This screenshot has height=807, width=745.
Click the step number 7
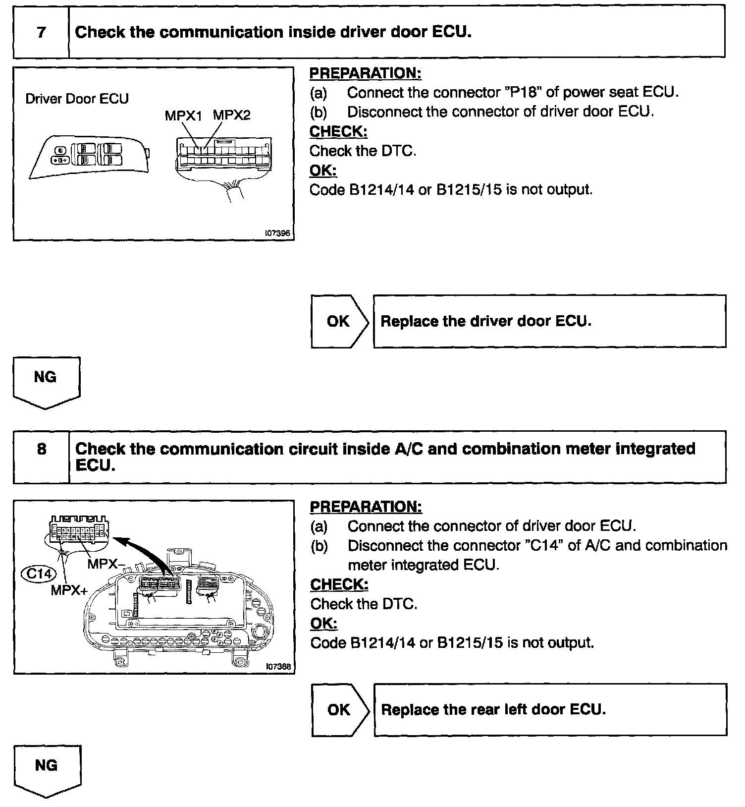[x=42, y=32]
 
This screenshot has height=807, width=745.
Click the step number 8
[x=42, y=449]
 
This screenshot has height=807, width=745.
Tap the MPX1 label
[x=183, y=116]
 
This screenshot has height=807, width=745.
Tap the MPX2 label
[x=232, y=115]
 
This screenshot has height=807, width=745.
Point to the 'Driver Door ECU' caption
[x=77, y=99]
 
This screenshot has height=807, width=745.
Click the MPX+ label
[x=69, y=591]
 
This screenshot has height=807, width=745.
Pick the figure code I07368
[x=278, y=667]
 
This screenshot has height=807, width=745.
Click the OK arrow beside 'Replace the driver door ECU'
[x=339, y=321]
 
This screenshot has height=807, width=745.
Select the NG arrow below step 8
[x=47, y=770]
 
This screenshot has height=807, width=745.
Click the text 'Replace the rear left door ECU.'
[x=493, y=710]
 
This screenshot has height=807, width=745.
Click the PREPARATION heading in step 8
[x=366, y=507]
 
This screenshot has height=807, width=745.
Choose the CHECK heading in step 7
[x=338, y=131]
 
